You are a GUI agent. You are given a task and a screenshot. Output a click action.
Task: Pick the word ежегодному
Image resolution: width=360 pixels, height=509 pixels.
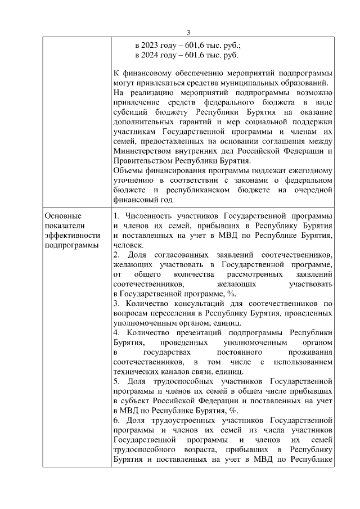pyautogui.click(x=311, y=170)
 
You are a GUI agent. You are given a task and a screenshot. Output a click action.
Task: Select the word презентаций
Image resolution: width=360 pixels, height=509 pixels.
pyautogui.click(x=193, y=333)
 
